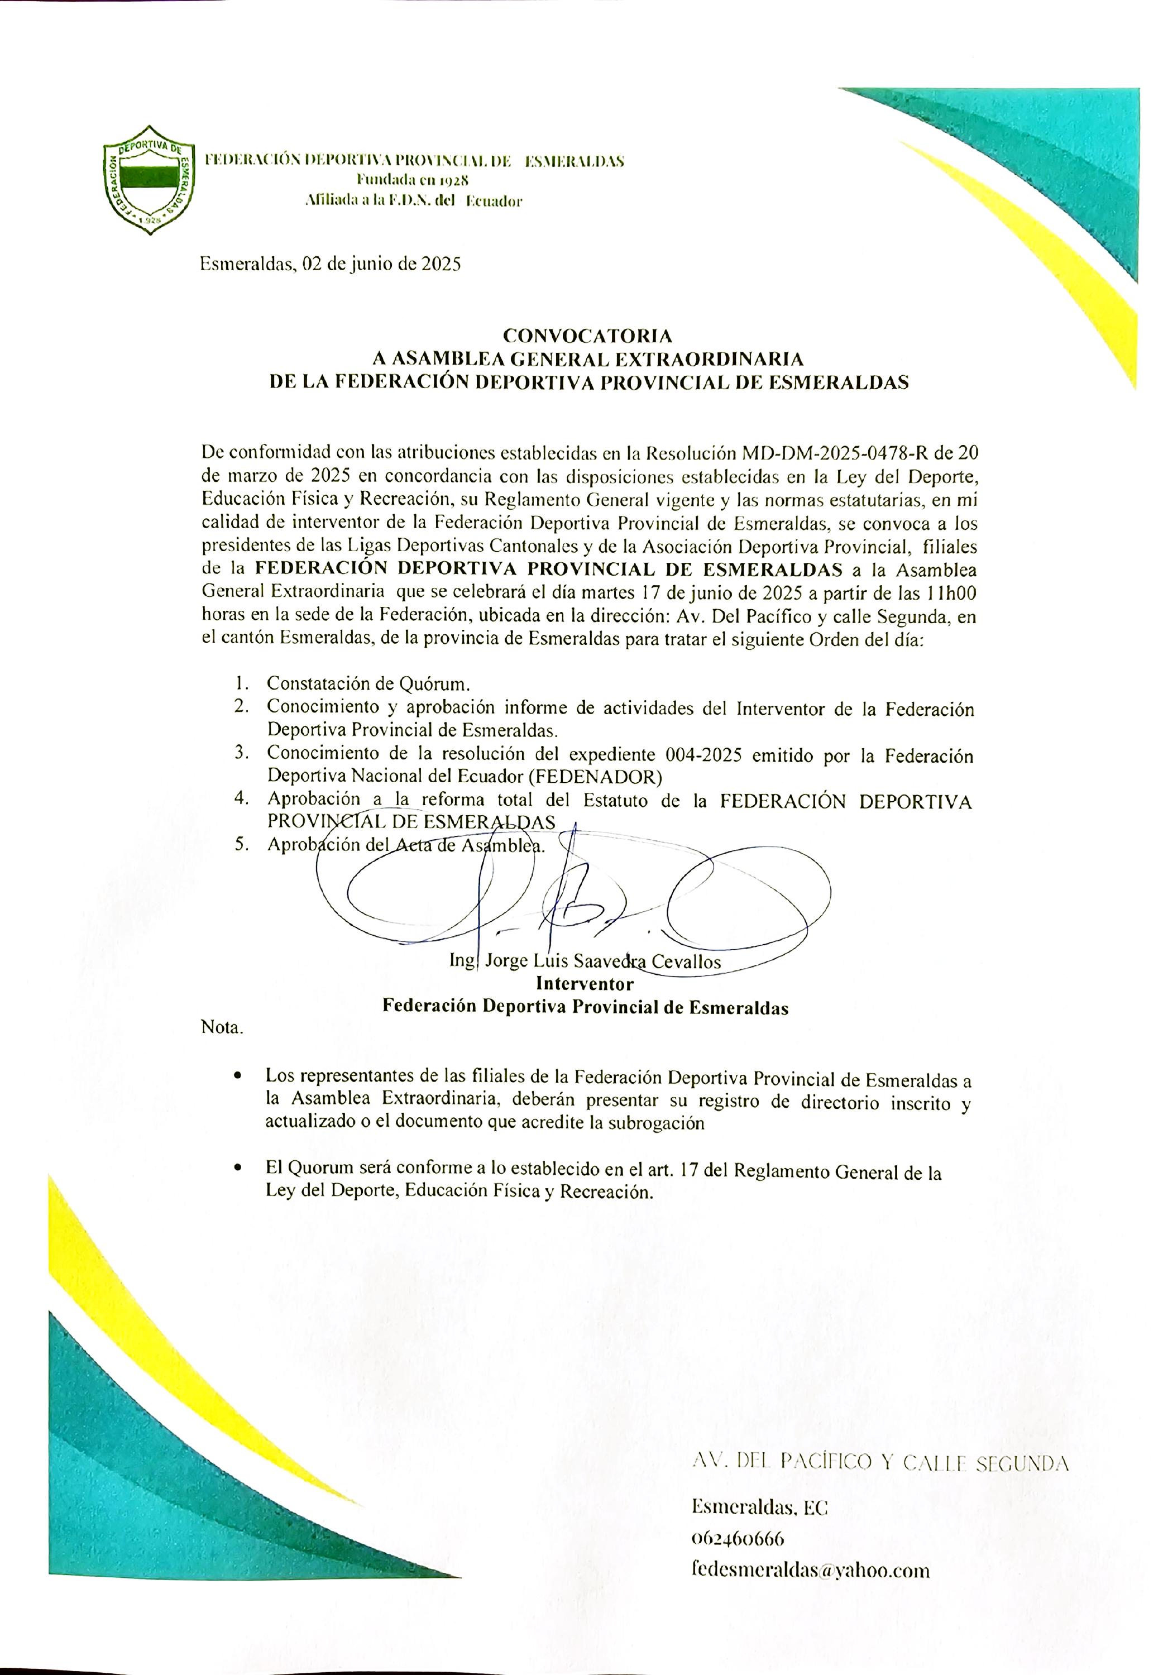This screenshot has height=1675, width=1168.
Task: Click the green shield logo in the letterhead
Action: coord(150,179)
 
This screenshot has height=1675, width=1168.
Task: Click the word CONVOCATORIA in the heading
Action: coord(587,336)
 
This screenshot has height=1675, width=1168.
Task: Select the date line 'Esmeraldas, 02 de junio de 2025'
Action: coord(331,264)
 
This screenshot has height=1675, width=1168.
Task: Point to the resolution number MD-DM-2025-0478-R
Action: coord(836,453)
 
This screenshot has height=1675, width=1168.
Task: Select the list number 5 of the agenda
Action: coord(242,845)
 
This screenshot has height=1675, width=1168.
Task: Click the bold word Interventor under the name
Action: coord(585,983)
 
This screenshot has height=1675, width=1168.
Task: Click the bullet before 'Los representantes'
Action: coord(237,1076)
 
